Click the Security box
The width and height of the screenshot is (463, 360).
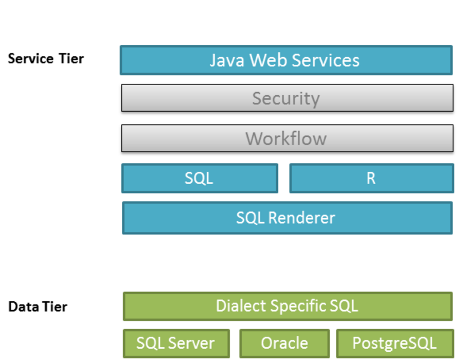pyautogui.click(x=287, y=98)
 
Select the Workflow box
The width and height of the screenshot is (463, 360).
pyautogui.click(x=287, y=138)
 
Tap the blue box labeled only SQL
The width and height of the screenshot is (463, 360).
pyautogui.click(x=200, y=178)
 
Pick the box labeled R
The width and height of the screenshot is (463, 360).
pyautogui.click(x=371, y=178)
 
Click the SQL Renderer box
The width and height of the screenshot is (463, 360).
pyautogui.click(x=287, y=218)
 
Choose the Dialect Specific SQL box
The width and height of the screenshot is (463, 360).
pyautogui.click(x=288, y=306)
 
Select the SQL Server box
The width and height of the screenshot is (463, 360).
pyautogui.click(x=176, y=343)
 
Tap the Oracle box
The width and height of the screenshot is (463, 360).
pyautogui.click(x=284, y=343)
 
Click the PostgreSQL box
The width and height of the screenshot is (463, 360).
pyautogui.click(x=395, y=343)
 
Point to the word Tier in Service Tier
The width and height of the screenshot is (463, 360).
pyautogui.click(x=71, y=59)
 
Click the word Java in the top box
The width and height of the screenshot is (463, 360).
pyautogui.click(x=227, y=60)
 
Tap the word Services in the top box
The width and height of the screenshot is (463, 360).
pyautogui.click(x=326, y=60)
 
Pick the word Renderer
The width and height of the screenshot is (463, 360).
pyautogui.click(x=301, y=218)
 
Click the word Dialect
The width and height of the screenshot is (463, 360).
pyautogui.click(x=241, y=305)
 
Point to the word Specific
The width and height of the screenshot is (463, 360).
pyautogui.click(x=298, y=307)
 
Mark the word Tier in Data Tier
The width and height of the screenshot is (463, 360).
pyautogui.click(x=55, y=307)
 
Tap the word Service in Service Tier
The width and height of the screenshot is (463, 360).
pyautogui.click(x=31, y=59)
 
